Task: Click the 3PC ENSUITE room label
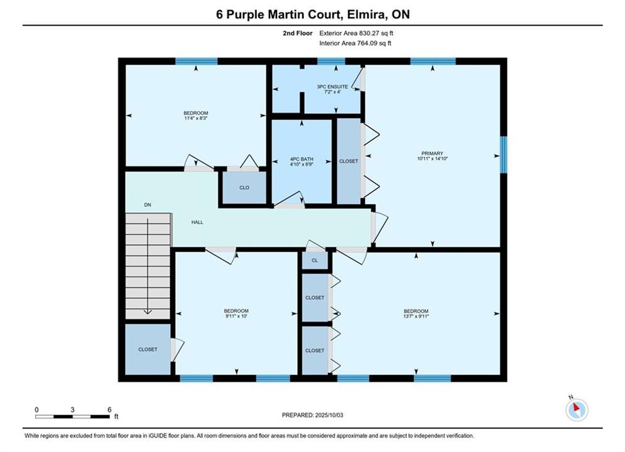pyautogui.click(x=332, y=87)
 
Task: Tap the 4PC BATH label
pyautogui.click(x=302, y=159)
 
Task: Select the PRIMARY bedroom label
pyautogui.click(x=433, y=153)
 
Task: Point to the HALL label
pyautogui.click(x=197, y=222)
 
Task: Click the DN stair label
pyautogui.click(x=148, y=205)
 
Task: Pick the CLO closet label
pyautogui.click(x=244, y=188)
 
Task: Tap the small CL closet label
pyautogui.click(x=315, y=261)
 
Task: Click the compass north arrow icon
pyautogui.click(x=577, y=409)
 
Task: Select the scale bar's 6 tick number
pyautogui.click(x=109, y=409)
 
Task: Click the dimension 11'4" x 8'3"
pyautogui.click(x=196, y=118)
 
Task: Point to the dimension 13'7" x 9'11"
pyautogui.click(x=416, y=316)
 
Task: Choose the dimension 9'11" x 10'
pyautogui.click(x=236, y=316)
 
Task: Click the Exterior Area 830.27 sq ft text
pyautogui.click(x=356, y=33)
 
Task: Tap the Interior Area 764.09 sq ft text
pyautogui.click(x=355, y=43)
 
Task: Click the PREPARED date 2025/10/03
pyautogui.click(x=329, y=415)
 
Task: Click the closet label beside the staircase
pyautogui.click(x=148, y=349)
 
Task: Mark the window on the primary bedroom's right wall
pyautogui.click(x=504, y=154)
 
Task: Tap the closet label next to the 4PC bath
pyautogui.click(x=349, y=161)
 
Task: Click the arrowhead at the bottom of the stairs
pyautogui.click(x=148, y=312)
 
